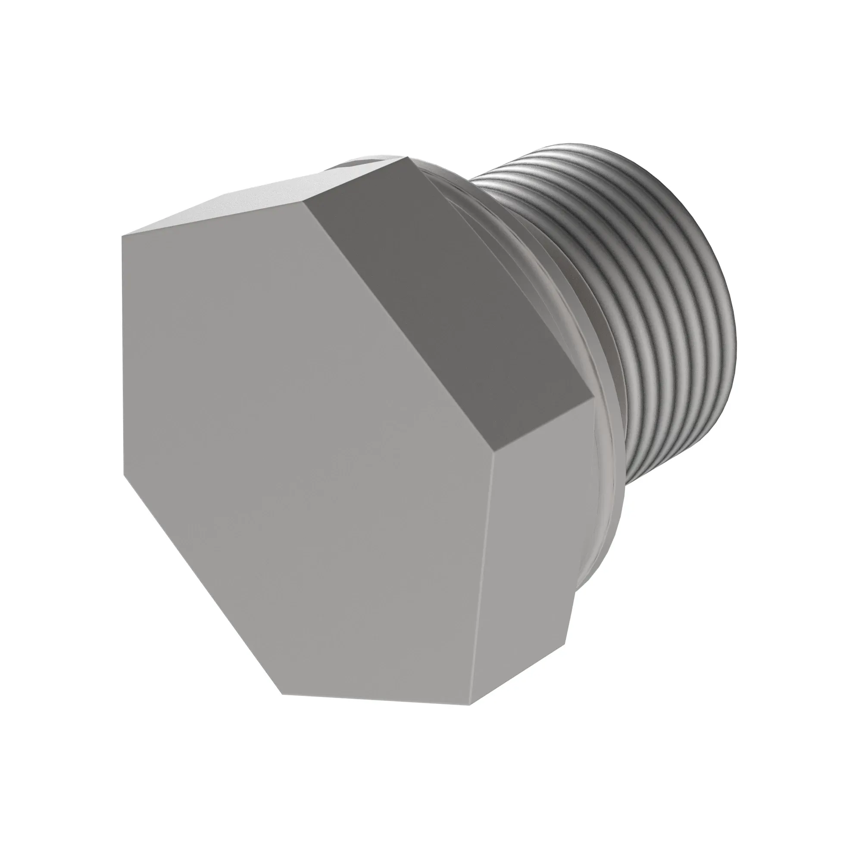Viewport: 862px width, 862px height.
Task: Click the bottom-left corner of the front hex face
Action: pyautogui.click(x=282, y=694)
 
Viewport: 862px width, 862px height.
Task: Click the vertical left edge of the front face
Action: pyautogui.click(x=123, y=357)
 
